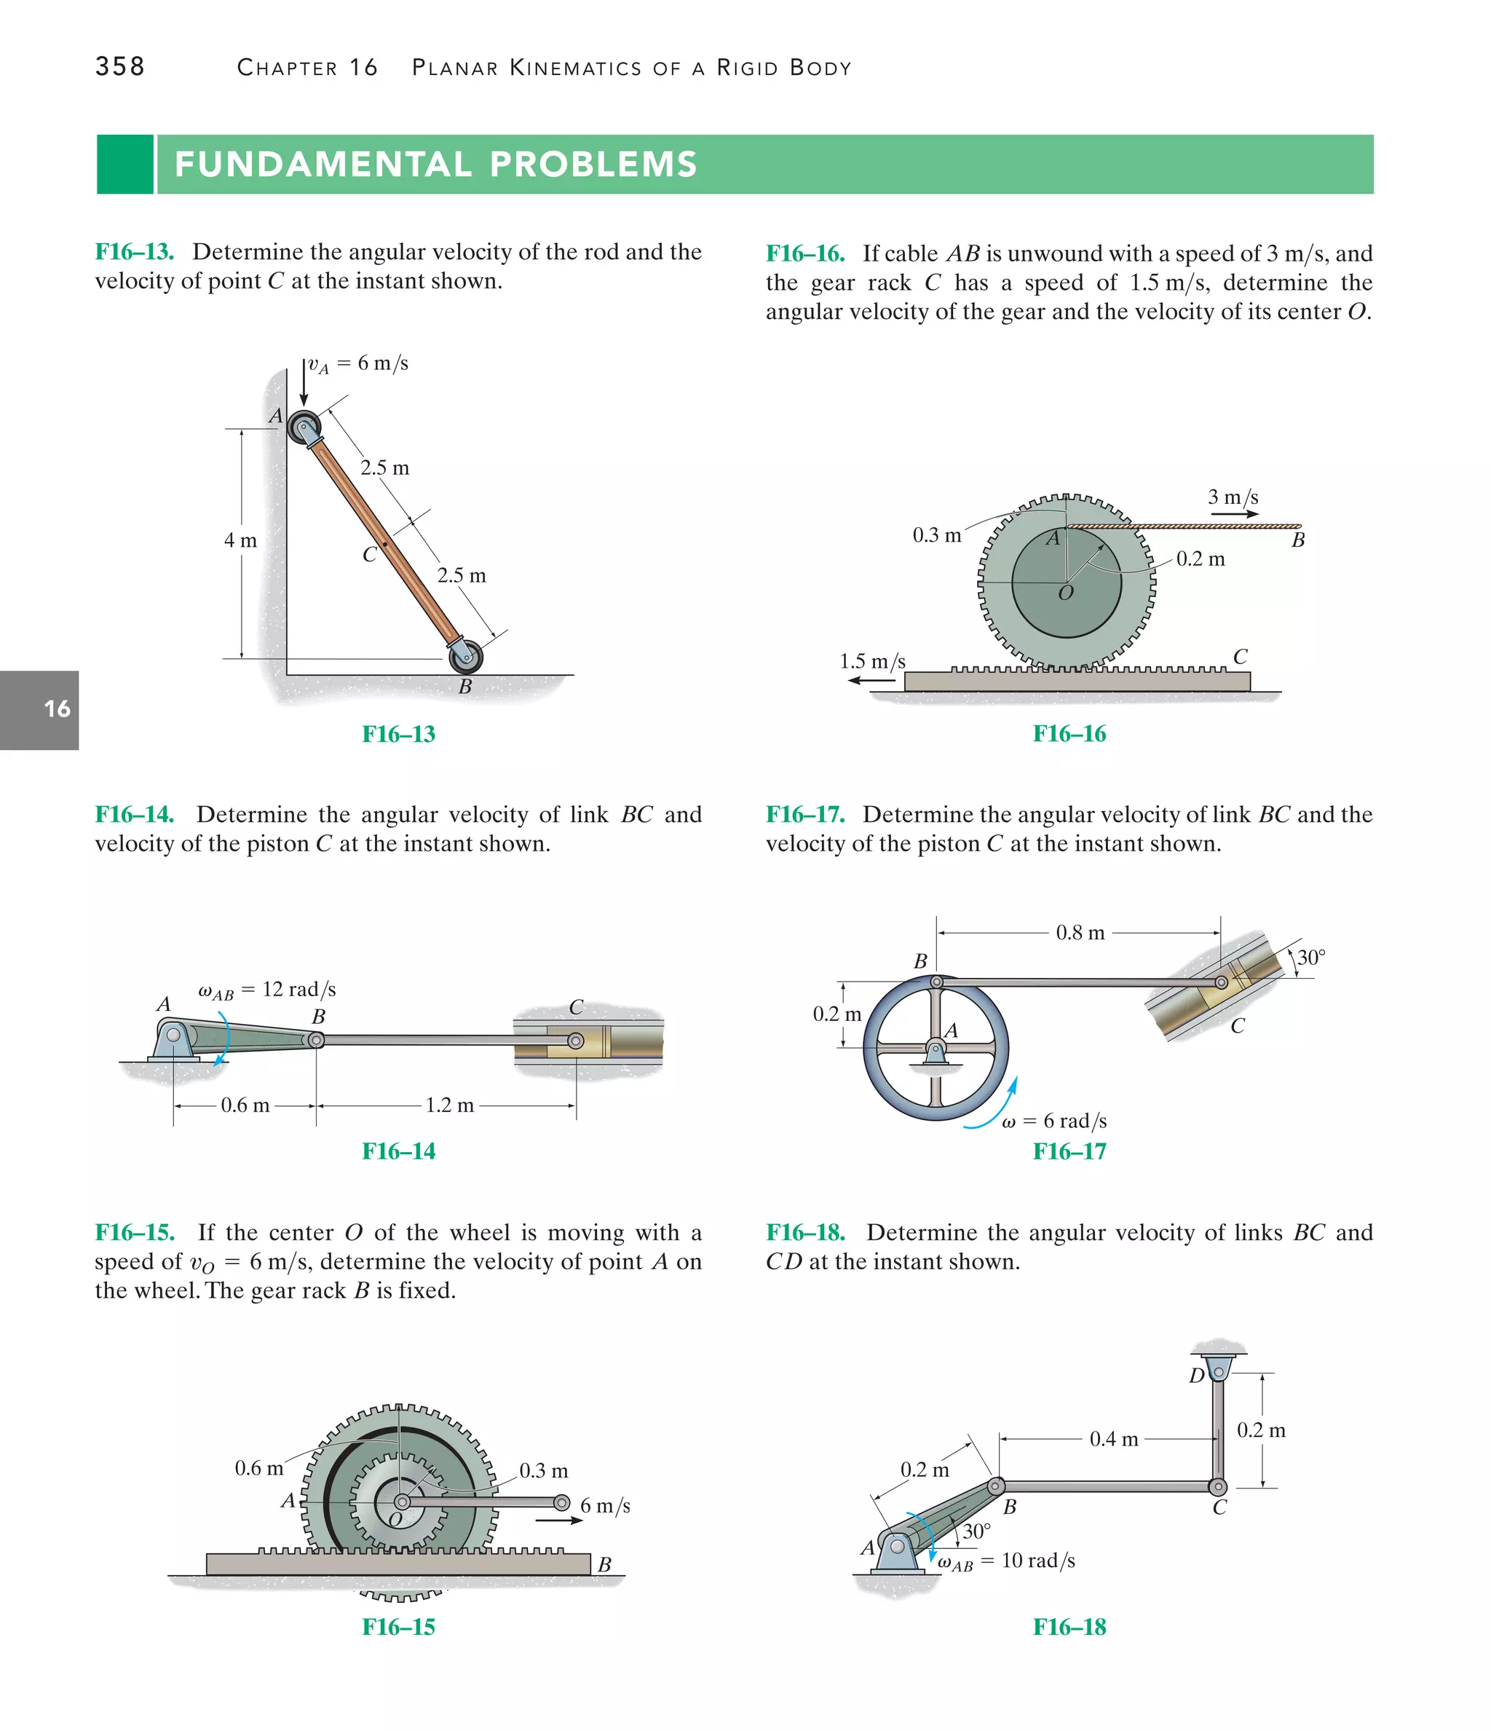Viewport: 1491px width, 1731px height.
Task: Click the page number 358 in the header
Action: tap(119, 66)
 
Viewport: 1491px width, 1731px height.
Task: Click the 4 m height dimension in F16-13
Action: tap(240, 540)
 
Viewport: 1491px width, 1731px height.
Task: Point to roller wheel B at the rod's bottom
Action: tap(466, 657)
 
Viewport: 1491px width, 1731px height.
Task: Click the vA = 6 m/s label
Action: tap(357, 363)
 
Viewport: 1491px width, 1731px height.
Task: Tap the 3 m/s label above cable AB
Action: tap(1232, 497)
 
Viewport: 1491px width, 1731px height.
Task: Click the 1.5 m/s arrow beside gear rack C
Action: tap(872, 680)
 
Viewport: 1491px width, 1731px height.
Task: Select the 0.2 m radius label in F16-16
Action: tap(1201, 559)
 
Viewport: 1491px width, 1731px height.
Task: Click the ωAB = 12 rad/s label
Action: tap(266, 990)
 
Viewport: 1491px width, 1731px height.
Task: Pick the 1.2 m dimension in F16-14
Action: tap(448, 1105)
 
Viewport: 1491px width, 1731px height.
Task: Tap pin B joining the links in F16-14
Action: tap(317, 1040)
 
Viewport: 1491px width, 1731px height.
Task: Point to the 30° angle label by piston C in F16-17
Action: tap(1310, 958)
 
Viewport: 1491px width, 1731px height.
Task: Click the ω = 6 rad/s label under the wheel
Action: tap(1054, 1121)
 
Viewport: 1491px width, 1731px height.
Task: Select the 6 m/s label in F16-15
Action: tap(605, 1505)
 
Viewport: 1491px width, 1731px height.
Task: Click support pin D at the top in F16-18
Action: tap(1219, 1372)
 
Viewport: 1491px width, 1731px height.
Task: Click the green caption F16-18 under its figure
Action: tap(1069, 1627)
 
